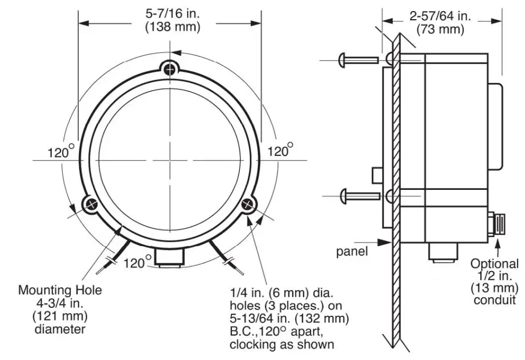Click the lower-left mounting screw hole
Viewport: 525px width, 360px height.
click(90, 204)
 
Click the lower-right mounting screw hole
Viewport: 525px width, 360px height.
click(248, 204)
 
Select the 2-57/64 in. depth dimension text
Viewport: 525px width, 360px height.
click(440, 16)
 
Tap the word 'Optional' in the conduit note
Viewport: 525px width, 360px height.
click(494, 263)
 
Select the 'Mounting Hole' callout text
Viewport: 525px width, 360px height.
click(60, 291)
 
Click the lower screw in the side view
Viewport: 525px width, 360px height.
click(359, 196)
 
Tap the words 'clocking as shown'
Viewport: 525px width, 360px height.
click(281, 344)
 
